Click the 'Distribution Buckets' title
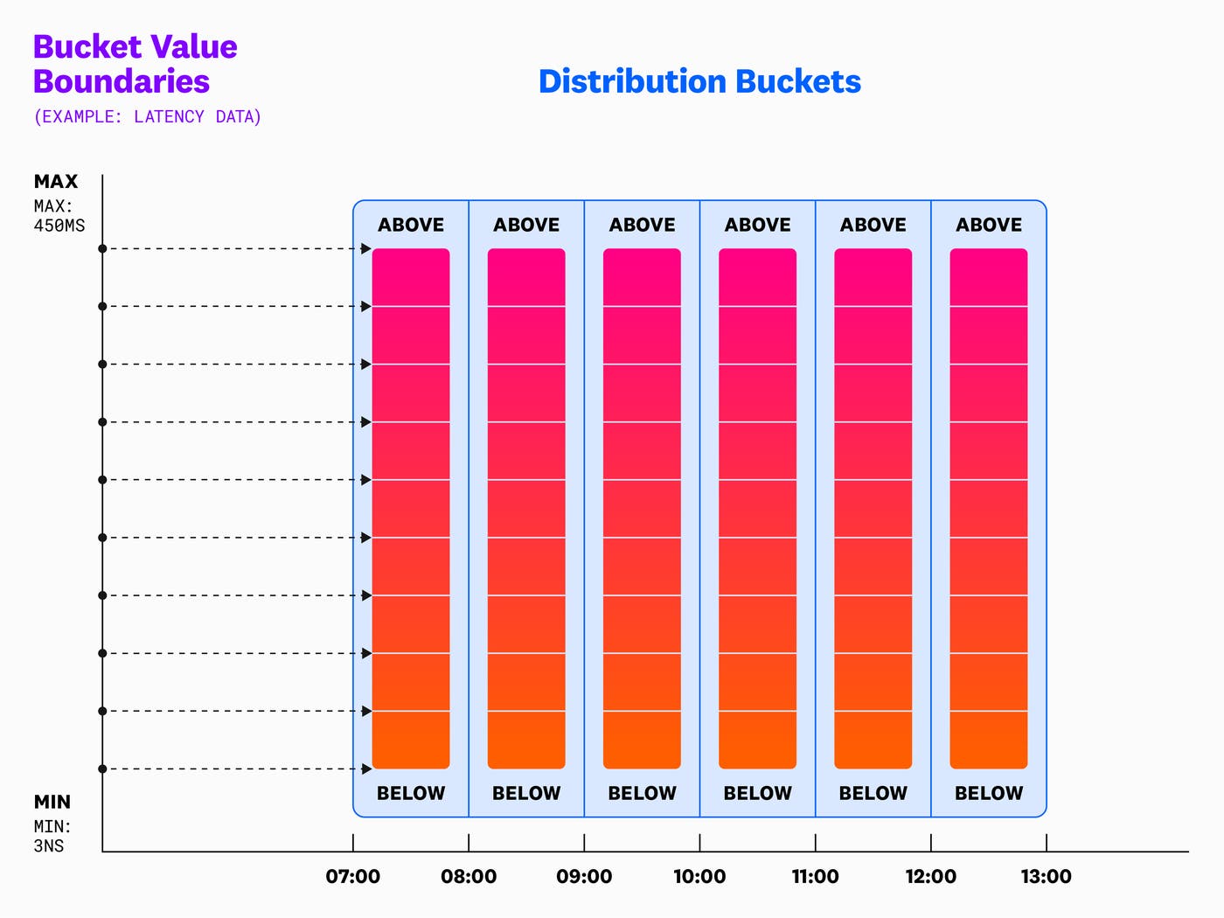pyautogui.click(x=699, y=81)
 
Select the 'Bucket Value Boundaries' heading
pyautogui.click(x=135, y=64)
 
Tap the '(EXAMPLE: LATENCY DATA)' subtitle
pyautogui.click(x=147, y=116)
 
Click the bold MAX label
pyautogui.click(x=56, y=182)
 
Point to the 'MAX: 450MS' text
pyautogui.click(x=59, y=216)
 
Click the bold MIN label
pyautogui.click(x=52, y=802)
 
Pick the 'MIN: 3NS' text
pyautogui.click(x=52, y=836)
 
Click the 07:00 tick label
pyautogui.click(x=353, y=876)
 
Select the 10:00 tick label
pyautogui.click(x=699, y=876)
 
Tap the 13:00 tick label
pyautogui.click(x=1046, y=876)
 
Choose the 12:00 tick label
pyautogui.click(x=930, y=876)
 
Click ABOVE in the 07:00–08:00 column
pyautogui.click(x=411, y=225)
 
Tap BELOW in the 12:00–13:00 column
pyautogui.click(x=989, y=793)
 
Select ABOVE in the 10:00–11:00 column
pyautogui.click(x=757, y=225)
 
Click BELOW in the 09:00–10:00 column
pyautogui.click(x=642, y=793)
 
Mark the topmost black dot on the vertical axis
pyautogui.click(x=102, y=249)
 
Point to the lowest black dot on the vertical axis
pyautogui.click(x=102, y=769)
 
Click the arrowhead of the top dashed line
pyautogui.click(x=366, y=249)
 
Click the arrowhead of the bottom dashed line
pyautogui.click(x=366, y=769)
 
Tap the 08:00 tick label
pyautogui.click(x=469, y=876)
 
